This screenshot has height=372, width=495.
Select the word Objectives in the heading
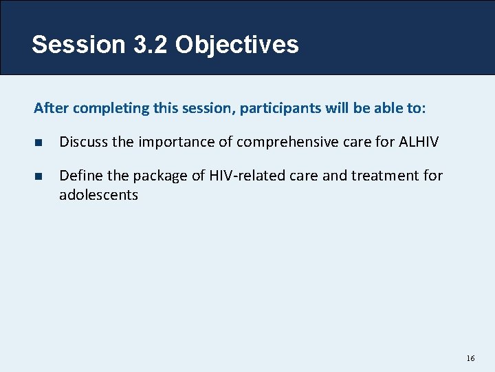coord(236,45)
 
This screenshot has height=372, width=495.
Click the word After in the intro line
coord(51,108)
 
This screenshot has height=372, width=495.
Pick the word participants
coord(276,109)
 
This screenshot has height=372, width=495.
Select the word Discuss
coord(82,142)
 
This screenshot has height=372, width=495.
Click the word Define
coord(79,176)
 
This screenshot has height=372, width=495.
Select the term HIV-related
coord(233,176)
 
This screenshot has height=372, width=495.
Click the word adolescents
coord(98,195)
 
